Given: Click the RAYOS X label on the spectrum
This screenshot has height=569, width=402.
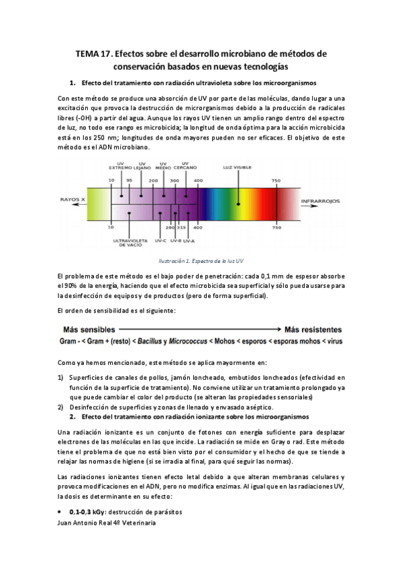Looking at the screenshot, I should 72,200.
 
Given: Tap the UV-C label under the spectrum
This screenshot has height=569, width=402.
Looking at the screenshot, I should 160,240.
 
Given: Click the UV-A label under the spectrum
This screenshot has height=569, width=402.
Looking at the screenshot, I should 189,240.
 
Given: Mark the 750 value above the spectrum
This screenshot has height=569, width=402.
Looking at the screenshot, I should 275,180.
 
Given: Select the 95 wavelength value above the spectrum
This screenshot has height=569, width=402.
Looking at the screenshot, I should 129,180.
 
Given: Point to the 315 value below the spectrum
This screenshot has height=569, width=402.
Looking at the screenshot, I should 181,228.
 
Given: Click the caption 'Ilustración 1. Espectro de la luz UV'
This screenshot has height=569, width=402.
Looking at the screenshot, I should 201,261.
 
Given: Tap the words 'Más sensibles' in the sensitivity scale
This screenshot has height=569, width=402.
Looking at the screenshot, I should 89,329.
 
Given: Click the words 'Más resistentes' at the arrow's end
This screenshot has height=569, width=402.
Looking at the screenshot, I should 313,329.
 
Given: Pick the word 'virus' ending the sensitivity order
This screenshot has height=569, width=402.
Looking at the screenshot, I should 334,342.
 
